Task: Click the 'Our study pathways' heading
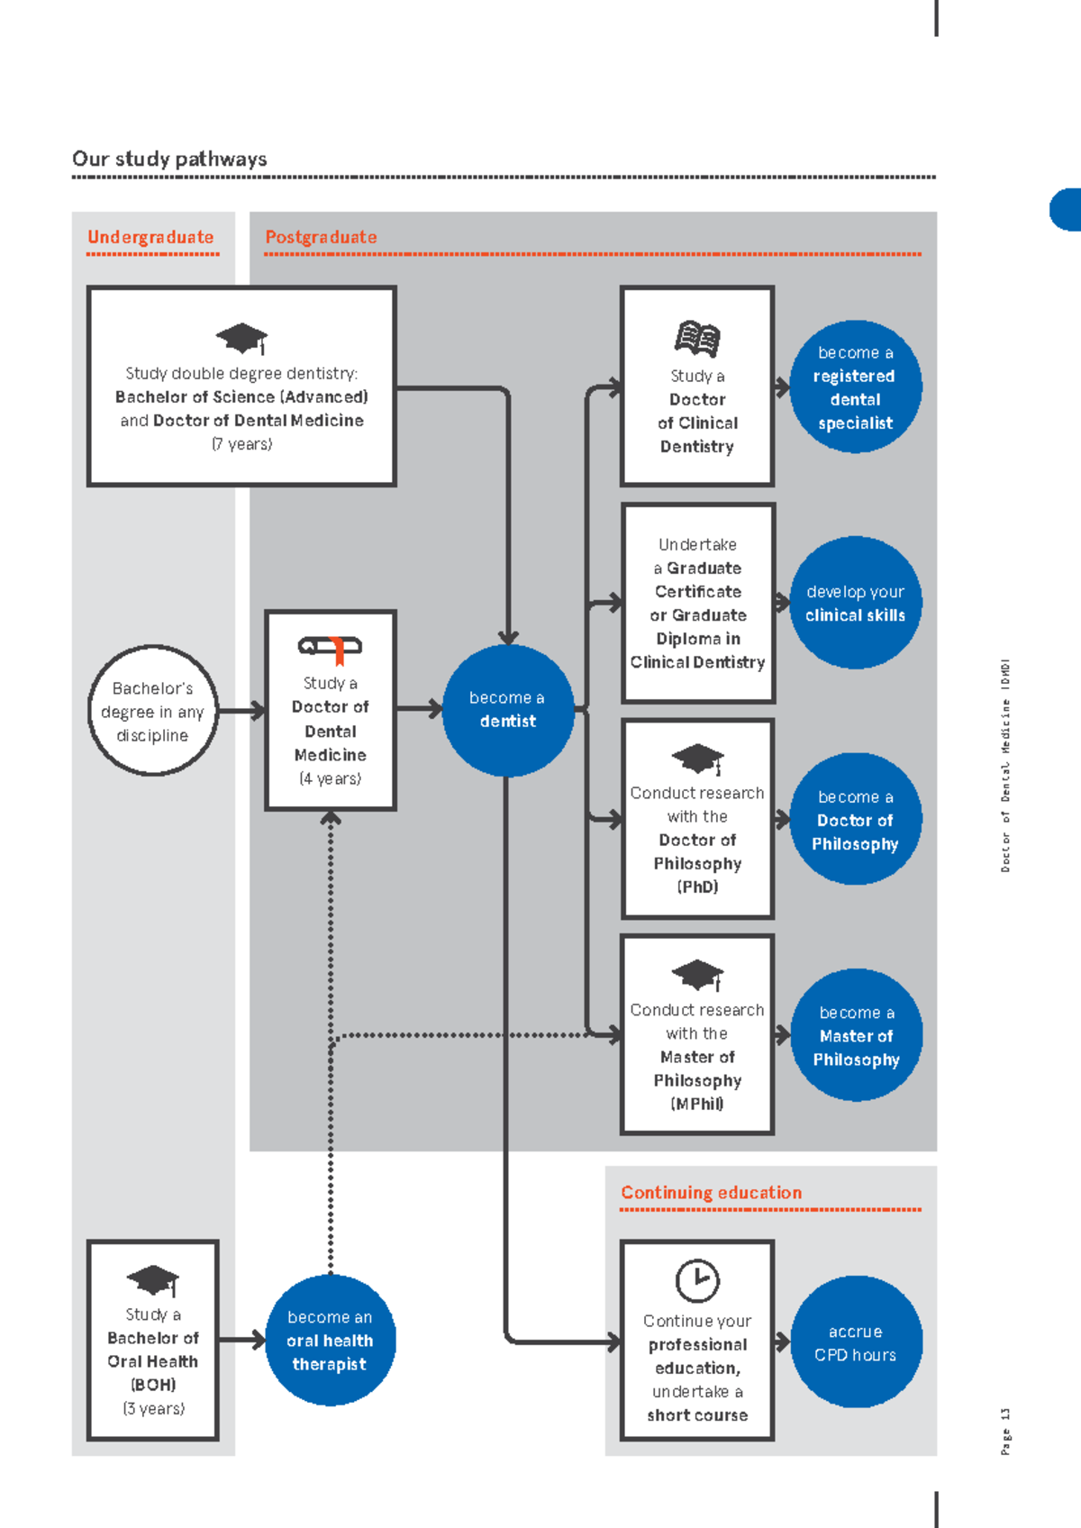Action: [x=169, y=159]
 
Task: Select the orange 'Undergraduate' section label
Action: [x=150, y=237]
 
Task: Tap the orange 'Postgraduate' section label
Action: [x=321, y=237]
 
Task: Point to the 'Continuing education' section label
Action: [x=712, y=1192]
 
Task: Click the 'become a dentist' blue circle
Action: [x=508, y=710]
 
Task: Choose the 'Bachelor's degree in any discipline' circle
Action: [x=153, y=710]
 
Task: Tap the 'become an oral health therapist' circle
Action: [x=330, y=1340]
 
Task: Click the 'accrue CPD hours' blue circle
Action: [x=856, y=1342]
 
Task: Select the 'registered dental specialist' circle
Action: [x=855, y=387]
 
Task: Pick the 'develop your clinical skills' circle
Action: [x=855, y=603]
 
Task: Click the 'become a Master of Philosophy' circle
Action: [x=856, y=1035]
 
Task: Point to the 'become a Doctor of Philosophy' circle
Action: [x=855, y=819]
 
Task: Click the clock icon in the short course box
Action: [x=697, y=1280]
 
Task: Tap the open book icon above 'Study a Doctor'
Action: [x=697, y=339]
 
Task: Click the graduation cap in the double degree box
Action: [x=241, y=339]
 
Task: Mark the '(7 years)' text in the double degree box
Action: [x=241, y=444]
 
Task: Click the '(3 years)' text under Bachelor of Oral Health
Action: [x=153, y=1409]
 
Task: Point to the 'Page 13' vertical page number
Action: [x=1004, y=1431]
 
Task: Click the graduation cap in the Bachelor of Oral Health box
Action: [x=153, y=1280]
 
